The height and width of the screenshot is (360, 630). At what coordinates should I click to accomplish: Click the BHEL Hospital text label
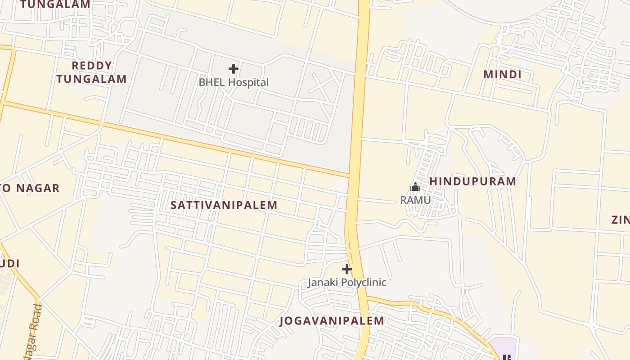(x=234, y=82)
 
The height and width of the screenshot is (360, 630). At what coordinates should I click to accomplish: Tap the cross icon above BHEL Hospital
(x=233, y=69)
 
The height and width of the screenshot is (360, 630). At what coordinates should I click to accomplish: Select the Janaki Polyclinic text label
(x=346, y=283)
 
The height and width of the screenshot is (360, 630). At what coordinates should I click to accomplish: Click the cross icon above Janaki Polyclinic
(x=346, y=269)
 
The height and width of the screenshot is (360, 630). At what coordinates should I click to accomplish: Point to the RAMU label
(x=415, y=200)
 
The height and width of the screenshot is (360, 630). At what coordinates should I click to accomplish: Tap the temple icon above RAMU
(x=415, y=187)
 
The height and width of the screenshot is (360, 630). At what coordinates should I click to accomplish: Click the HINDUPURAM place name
(x=472, y=181)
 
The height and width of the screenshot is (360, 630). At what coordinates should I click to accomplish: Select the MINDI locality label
(x=502, y=74)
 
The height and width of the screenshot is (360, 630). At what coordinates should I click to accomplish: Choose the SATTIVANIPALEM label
(x=224, y=205)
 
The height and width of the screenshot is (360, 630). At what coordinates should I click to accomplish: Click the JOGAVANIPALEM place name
(x=332, y=321)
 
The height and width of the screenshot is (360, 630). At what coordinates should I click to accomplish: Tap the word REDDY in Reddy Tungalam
(x=91, y=66)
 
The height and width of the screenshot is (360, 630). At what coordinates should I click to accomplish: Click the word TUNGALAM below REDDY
(x=91, y=79)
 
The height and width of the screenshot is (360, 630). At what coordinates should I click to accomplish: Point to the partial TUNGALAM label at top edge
(x=55, y=4)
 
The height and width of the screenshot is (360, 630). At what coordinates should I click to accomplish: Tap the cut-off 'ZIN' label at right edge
(x=620, y=220)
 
